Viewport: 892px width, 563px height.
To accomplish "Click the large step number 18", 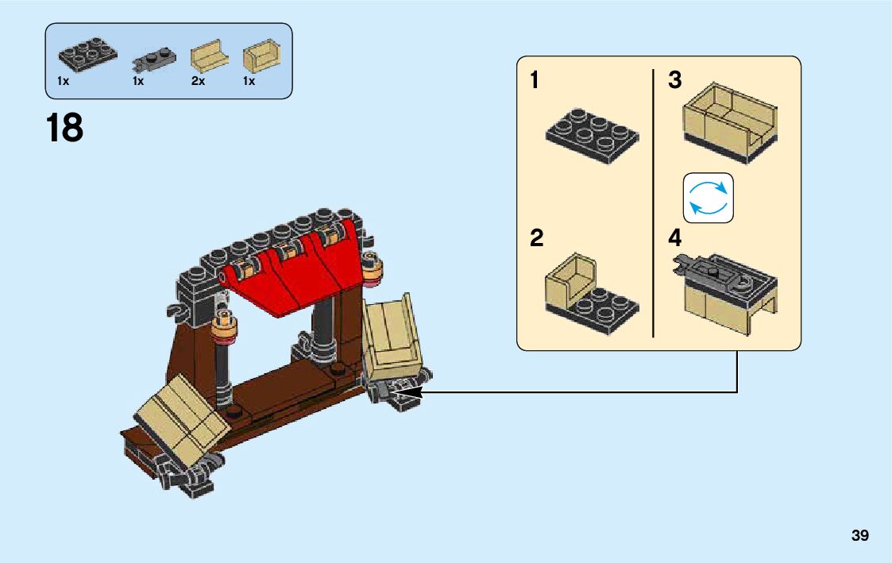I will [64, 128].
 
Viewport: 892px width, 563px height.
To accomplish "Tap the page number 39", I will [859, 536].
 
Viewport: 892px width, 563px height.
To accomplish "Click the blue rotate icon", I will [708, 198].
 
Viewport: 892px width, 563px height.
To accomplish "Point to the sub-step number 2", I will [537, 237].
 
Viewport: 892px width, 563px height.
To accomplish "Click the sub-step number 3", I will [675, 80].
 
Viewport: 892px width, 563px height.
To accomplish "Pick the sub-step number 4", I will [675, 237].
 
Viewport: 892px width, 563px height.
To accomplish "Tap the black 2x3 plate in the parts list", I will [87, 53].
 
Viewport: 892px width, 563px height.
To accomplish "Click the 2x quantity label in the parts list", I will [198, 82].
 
